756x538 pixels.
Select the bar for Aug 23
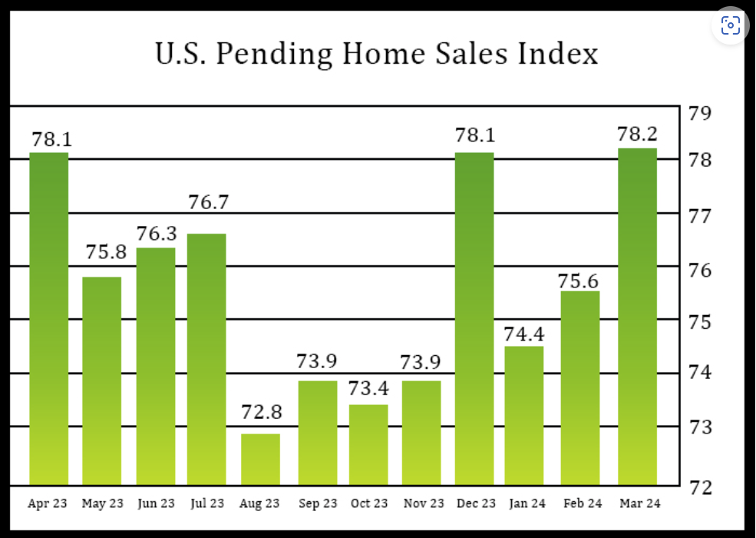[x=260, y=460]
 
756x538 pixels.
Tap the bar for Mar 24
[x=637, y=315]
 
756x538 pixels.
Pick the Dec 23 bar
[x=474, y=318]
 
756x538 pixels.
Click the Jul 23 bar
[x=206, y=358]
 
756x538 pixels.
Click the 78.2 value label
[x=637, y=134]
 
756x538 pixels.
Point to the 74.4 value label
[x=524, y=335]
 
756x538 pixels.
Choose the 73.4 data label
[x=368, y=389]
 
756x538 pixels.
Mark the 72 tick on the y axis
[x=700, y=487]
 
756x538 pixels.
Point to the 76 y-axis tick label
[x=700, y=271]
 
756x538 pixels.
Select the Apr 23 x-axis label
[x=48, y=504]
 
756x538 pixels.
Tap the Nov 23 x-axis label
[x=424, y=504]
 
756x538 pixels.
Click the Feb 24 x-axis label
[x=583, y=504]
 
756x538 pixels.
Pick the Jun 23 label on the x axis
[x=157, y=504]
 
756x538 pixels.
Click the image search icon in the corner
[x=731, y=25]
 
